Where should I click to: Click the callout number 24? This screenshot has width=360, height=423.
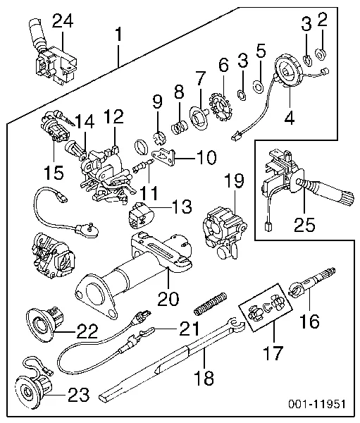pos(63,21)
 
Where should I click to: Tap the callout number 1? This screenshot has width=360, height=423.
pos(118,35)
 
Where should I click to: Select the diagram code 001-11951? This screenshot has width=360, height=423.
pos(317,404)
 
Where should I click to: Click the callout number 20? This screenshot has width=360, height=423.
pos(168,298)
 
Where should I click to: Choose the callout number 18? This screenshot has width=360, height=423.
pos(204,377)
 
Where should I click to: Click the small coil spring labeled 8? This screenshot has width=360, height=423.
pos(180,127)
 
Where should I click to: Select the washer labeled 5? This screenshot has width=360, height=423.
pos(258,87)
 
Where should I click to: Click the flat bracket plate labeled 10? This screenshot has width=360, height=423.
pos(164,158)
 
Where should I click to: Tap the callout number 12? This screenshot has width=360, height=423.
pos(114,117)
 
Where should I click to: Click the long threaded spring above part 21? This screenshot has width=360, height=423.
pos(210,304)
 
